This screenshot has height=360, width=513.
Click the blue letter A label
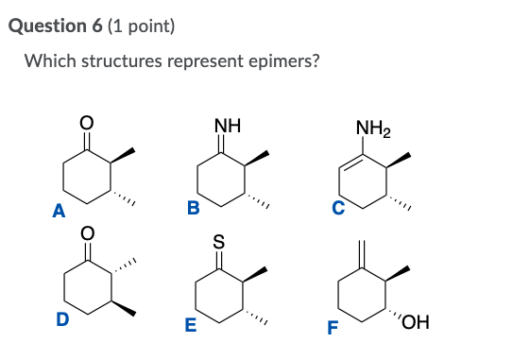[x=58, y=213]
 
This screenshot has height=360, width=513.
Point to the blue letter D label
[x=62, y=320]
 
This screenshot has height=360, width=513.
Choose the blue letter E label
[x=190, y=327]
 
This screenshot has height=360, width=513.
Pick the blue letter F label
[x=332, y=329]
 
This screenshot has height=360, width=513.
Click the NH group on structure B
[x=228, y=125]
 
